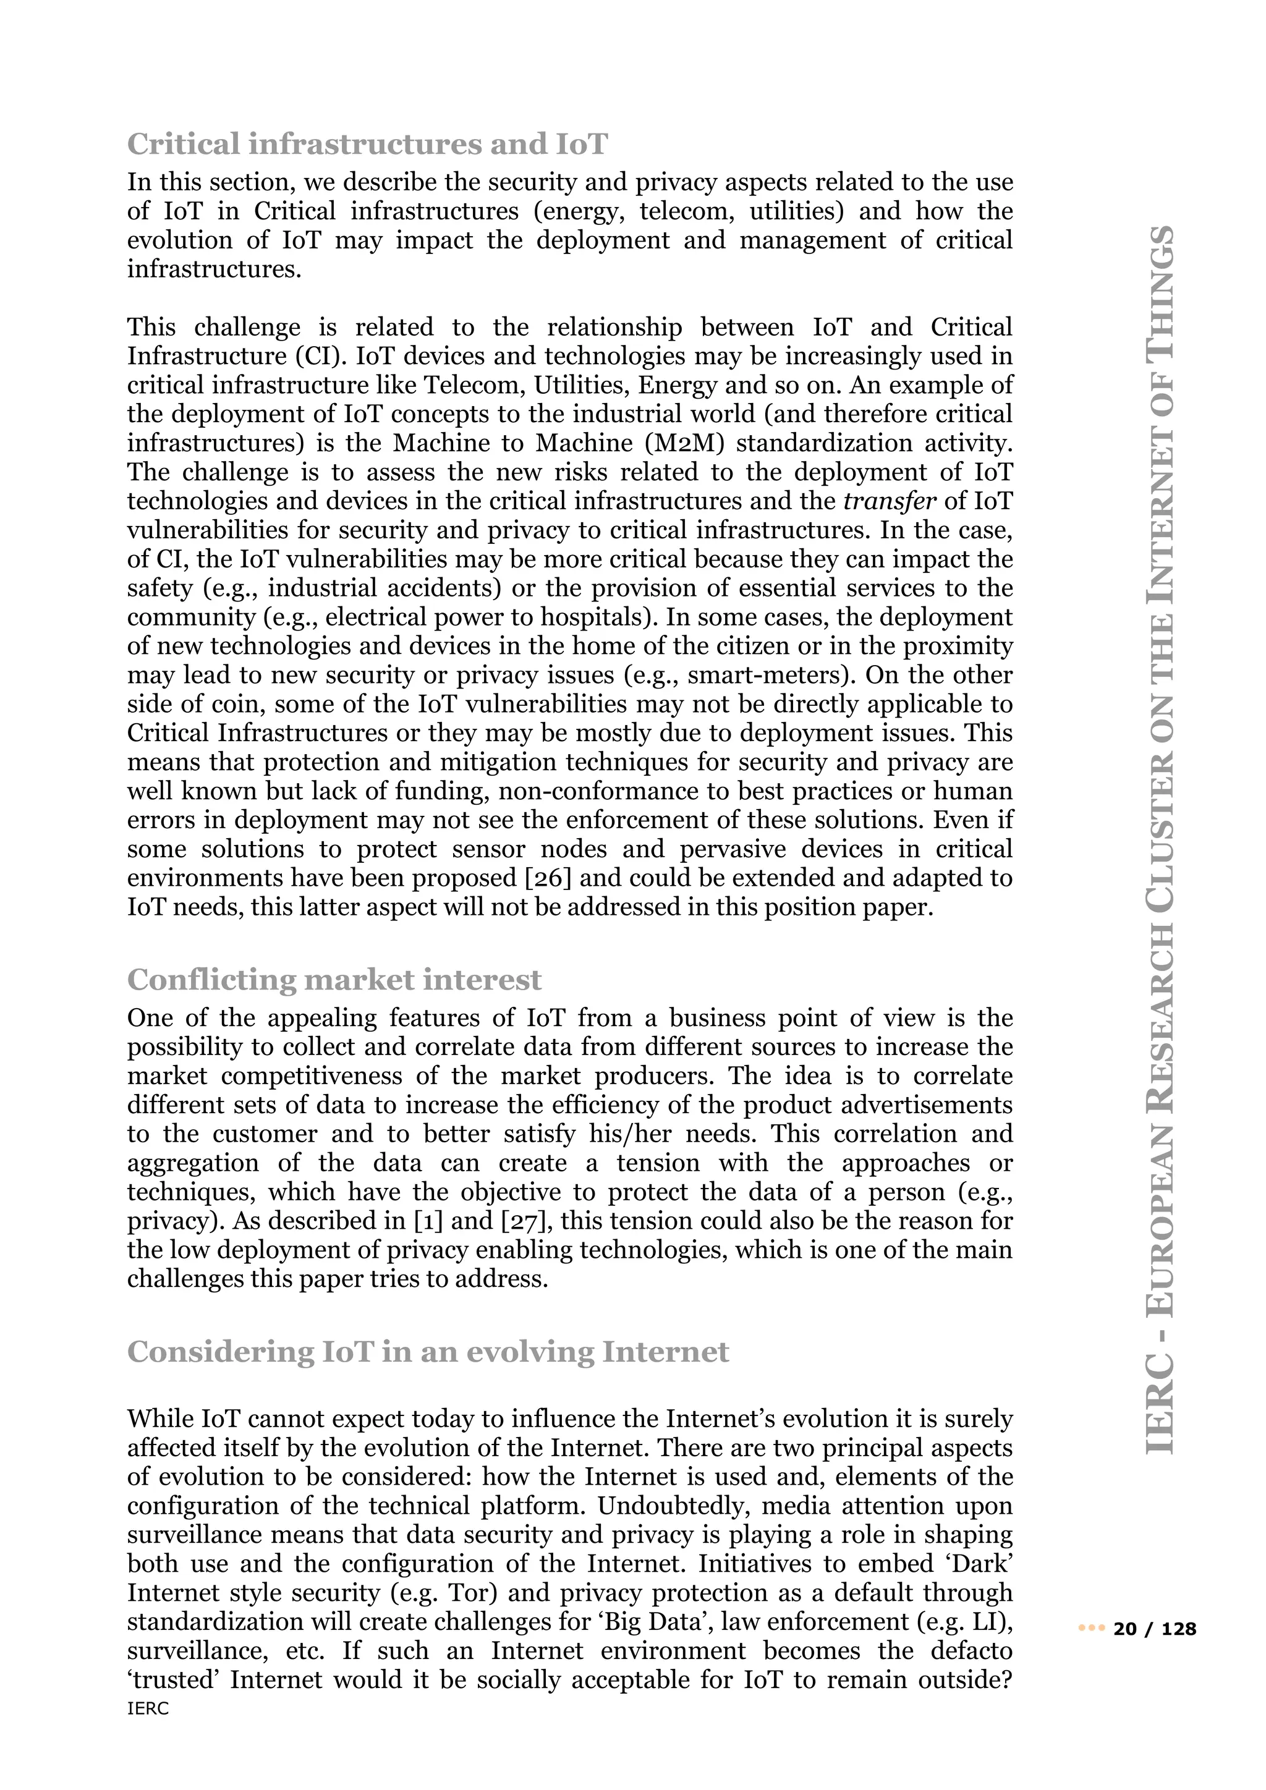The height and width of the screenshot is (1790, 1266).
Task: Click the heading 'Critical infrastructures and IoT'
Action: pos(367,144)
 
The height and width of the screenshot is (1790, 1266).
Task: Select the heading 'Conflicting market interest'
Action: pos(334,979)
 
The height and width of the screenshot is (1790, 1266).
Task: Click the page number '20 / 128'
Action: pos(1155,1629)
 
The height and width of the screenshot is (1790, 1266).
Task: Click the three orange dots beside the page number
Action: pos(1092,1629)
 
